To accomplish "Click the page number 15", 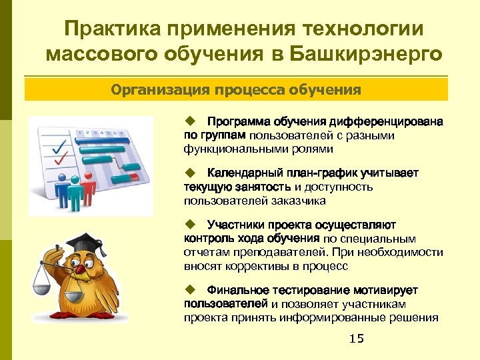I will (357, 339).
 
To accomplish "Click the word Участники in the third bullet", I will (233, 225).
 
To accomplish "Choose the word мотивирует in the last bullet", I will (385, 290).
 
